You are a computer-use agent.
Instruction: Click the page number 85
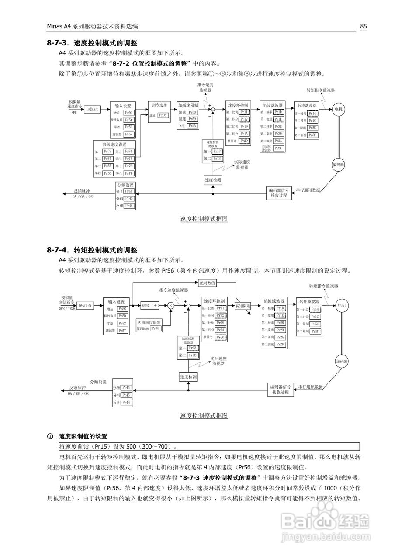click(x=363, y=26)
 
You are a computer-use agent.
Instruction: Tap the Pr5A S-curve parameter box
click(x=192, y=125)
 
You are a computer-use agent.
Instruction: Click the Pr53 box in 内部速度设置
click(x=107, y=151)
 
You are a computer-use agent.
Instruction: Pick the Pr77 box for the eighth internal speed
click(x=128, y=173)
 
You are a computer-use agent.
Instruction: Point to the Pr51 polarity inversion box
click(x=128, y=120)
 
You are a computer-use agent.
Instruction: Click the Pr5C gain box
click(x=123, y=308)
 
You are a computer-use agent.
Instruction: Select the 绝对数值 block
click(x=208, y=283)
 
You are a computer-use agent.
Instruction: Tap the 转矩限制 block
click(x=243, y=306)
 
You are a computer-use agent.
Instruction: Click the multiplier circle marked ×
click(x=171, y=306)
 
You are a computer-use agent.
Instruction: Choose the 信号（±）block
click(x=149, y=306)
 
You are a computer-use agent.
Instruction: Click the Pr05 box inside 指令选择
click(x=163, y=115)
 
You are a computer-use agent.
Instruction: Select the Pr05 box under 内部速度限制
click(x=155, y=328)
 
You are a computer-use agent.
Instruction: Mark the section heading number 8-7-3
click(x=59, y=43)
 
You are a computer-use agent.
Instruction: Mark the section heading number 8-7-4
click(x=59, y=250)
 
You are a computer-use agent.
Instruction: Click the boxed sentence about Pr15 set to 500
click(x=208, y=446)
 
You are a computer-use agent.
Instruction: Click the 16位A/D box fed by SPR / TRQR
click(x=85, y=306)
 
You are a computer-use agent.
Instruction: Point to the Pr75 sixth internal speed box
click(x=128, y=159)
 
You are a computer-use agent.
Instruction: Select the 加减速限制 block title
click(x=188, y=105)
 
